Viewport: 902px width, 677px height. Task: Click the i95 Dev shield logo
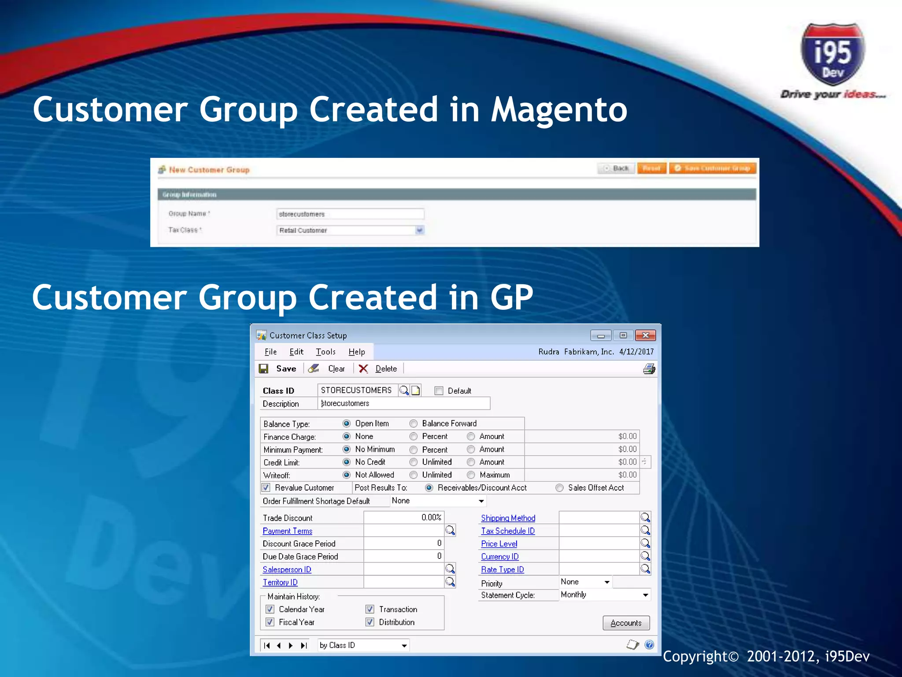(832, 55)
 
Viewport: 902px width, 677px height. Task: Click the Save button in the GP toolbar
(278, 368)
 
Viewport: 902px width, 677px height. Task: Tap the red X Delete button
(378, 368)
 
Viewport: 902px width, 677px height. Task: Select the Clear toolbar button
(327, 368)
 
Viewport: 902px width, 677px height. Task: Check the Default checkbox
(439, 391)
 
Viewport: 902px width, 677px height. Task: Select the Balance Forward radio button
(414, 424)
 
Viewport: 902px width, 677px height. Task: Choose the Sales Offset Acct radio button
(559, 487)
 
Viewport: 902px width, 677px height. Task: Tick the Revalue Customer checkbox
(266, 487)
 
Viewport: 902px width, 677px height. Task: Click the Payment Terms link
(287, 531)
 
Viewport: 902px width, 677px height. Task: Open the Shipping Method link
(508, 518)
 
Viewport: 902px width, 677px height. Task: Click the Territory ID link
(280, 582)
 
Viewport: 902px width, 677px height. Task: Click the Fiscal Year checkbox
(270, 622)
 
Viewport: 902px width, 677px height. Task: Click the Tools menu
(325, 352)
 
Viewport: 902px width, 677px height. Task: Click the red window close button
(645, 335)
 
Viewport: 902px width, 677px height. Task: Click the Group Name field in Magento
(350, 214)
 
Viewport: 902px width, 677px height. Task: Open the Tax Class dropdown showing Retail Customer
(350, 230)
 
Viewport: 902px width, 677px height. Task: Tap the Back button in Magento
(617, 168)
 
